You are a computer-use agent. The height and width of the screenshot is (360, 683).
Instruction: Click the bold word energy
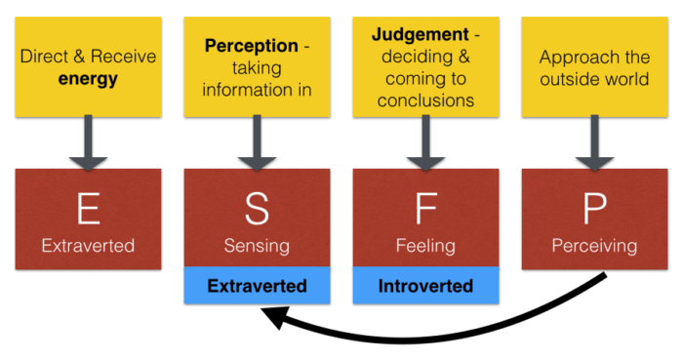pos(88,79)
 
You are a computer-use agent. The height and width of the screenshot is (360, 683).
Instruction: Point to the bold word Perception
pos(249,45)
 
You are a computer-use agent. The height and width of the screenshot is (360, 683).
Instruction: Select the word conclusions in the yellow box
pos(424,100)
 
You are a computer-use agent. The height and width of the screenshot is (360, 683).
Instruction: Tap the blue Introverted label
pos(425,286)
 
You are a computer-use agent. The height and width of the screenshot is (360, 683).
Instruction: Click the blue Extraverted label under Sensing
pos(257,286)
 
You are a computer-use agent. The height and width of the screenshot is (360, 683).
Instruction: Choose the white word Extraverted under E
pos(88,246)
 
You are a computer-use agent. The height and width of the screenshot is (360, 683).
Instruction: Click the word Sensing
pos(257,246)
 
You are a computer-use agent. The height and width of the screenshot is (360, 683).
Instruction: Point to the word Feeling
pos(424,246)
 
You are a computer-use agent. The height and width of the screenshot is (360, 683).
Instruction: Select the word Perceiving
pos(593,246)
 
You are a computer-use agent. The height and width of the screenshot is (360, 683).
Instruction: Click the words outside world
pos(593,79)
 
